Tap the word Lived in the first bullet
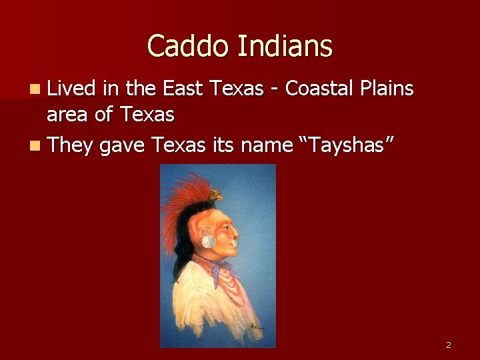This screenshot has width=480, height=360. tap(71, 89)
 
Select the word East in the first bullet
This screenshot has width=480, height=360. tap(184, 89)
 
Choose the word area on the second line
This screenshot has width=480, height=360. tap(67, 115)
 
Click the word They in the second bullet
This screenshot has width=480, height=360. tap(71, 144)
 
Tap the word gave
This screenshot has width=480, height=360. tap(124, 144)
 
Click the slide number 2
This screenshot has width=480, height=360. tap(448, 345)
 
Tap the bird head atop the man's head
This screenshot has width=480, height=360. tap(215, 196)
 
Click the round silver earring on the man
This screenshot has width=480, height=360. tap(209, 241)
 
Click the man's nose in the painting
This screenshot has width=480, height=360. tap(235, 234)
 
